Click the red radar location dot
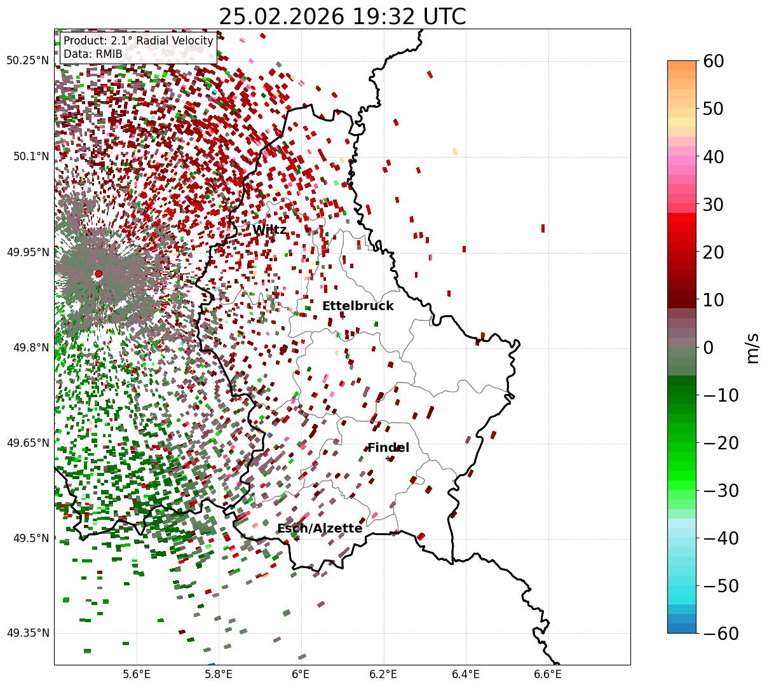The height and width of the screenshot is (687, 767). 98,274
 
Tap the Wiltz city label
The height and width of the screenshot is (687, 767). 269,230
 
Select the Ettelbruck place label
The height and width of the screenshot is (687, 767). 358,306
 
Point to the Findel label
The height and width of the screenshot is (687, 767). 388,448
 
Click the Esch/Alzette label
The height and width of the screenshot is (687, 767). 320,529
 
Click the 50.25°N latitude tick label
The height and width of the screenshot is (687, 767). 27,61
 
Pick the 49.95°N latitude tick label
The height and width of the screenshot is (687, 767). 27,252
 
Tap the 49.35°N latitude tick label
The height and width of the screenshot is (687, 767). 27,633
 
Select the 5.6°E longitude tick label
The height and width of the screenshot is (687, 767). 136,674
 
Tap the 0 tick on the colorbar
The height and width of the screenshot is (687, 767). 708,348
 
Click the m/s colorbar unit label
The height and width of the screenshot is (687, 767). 753,348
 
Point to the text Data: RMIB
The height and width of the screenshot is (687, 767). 93,54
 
